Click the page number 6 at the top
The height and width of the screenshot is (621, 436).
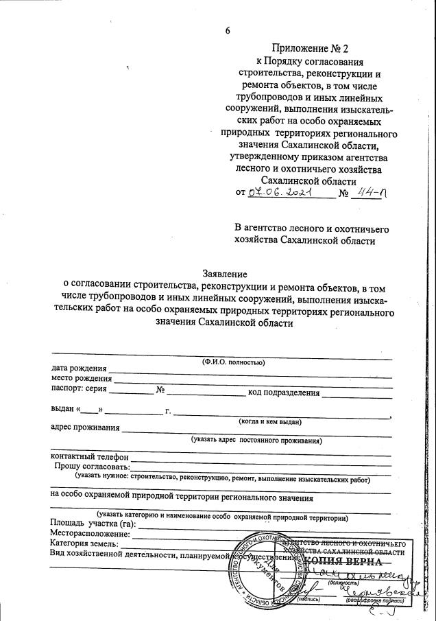(228, 31)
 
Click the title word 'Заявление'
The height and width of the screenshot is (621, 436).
(227, 273)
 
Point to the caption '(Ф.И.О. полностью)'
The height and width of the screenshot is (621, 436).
(233, 361)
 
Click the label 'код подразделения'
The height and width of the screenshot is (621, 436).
(284, 392)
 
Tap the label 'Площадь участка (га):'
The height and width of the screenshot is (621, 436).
(93, 525)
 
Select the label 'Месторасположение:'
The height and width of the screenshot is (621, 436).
(90, 535)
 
